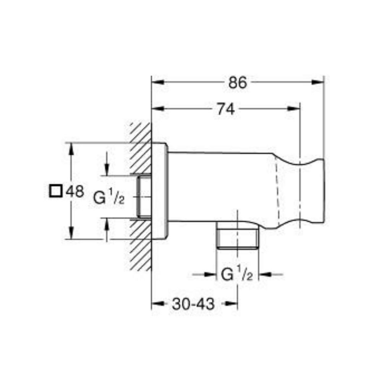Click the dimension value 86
pyautogui.click(x=238, y=83)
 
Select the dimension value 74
pyautogui.click(x=225, y=110)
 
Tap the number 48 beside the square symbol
pyautogui.click(x=75, y=191)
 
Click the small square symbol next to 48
pyautogui.click(x=56, y=191)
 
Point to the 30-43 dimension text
pyautogui.click(x=193, y=304)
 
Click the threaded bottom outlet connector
pyautogui.click(x=238, y=239)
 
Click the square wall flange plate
pyautogui.click(x=160, y=191)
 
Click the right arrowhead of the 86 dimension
pyautogui.click(x=319, y=82)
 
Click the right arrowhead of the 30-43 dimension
pyautogui.click(x=231, y=304)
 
